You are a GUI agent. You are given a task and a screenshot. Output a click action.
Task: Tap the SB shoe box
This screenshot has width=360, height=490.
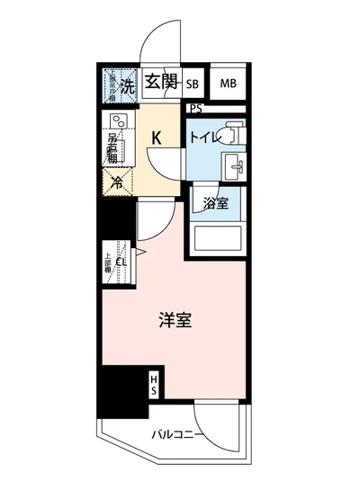click(x=192, y=84)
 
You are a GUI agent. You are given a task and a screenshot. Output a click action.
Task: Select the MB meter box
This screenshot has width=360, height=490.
click(x=228, y=84)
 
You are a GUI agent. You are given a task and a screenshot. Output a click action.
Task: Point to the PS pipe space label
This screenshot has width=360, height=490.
click(x=196, y=109)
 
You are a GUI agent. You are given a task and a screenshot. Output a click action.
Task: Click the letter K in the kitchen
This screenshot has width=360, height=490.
click(x=156, y=138)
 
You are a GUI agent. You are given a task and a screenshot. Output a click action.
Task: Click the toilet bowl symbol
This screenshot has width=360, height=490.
click(x=230, y=132)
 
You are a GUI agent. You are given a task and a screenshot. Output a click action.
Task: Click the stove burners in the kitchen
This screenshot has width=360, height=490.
click(x=117, y=123)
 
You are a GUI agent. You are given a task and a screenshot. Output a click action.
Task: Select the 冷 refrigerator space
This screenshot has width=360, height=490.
click(x=117, y=180)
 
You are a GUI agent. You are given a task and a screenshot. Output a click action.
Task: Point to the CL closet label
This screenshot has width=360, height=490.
click(x=120, y=262)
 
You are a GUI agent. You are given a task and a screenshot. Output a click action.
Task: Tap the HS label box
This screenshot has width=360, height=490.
click(x=154, y=385)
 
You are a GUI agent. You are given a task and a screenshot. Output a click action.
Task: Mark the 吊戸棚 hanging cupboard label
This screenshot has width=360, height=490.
click(x=113, y=148)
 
